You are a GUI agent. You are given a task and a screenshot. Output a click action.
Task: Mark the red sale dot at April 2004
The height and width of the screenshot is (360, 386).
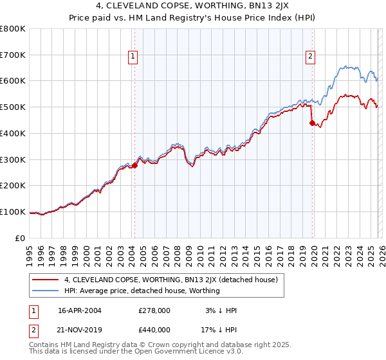click(x=134, y=165)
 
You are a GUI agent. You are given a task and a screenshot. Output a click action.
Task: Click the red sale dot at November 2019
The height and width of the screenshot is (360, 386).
click(x=312, y=123)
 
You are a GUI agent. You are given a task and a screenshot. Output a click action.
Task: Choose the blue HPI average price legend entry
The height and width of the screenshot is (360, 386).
click(x=142, y=291)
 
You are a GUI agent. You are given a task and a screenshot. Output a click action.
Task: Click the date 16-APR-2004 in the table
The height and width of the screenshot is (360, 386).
click(x=80, y=310)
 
